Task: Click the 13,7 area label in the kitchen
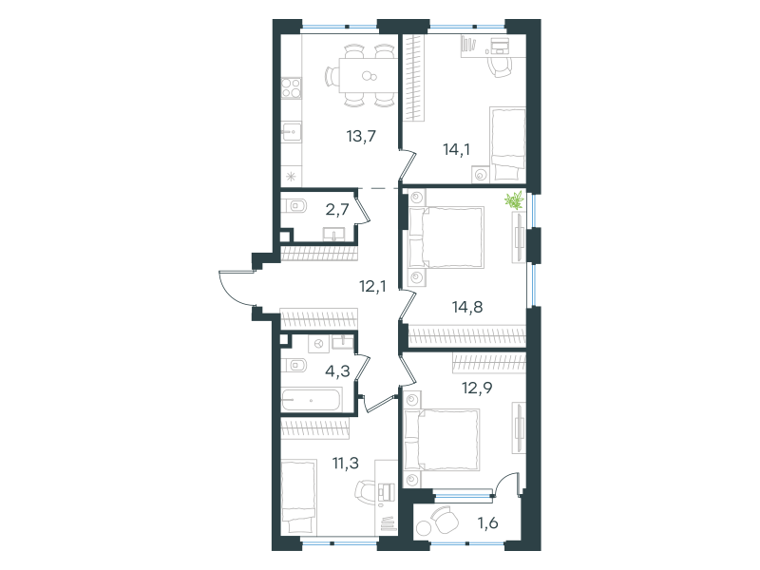click(x=361, y=136)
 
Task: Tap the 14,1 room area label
click(x=456, y=149)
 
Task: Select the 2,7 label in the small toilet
click(x=337, y=210)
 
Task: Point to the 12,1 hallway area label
click(x=372, y=287)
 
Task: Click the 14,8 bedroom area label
click(x=467, y=307)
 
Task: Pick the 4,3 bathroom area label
click(x=337, y=371)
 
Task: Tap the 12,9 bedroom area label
click(x=477, y=388)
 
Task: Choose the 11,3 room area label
click(x=346, y=463)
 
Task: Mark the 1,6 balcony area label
click(x=487, y=523)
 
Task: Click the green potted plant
click(x=515, y=200)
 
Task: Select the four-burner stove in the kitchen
click(x=292, y=88)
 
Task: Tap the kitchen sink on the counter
click(x=292, y=132)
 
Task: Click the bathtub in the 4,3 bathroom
click(x=312, y=400)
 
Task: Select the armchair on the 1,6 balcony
click(x=445, y=519)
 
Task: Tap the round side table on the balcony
click(x=425, y=527)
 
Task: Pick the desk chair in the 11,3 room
click(x=366, y=492)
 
